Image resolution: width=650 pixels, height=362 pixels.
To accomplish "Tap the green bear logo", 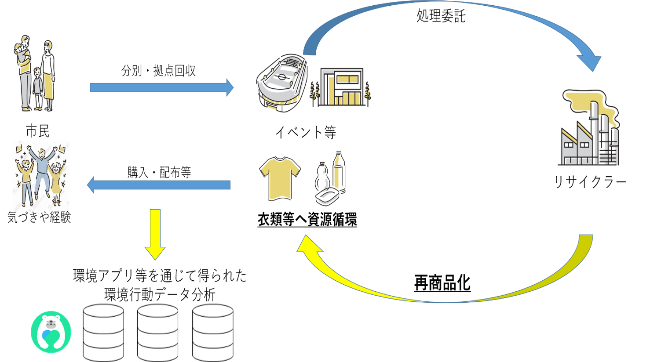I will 51,332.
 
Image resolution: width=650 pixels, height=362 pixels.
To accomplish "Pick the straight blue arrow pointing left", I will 159,185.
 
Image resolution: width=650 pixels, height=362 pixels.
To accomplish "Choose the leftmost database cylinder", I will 103,333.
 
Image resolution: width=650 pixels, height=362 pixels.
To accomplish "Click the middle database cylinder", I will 157,333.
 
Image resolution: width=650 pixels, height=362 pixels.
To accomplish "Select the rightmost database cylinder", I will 213,333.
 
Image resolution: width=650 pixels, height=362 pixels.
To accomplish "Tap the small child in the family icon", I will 38,88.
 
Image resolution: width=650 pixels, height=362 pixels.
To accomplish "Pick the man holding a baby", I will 25,70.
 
